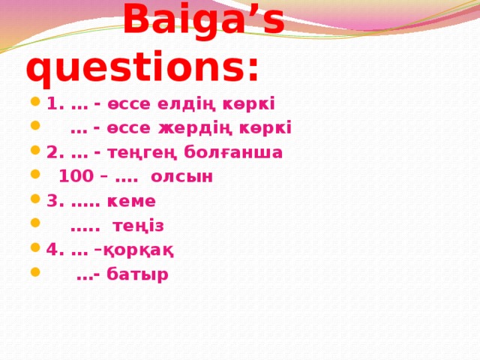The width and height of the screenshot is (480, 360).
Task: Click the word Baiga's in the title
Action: (x=203, y=20)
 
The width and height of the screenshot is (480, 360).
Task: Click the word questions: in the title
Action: (x=142, y=69)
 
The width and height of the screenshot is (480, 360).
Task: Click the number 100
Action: (x=73, y=177)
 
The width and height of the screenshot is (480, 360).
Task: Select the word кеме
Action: (x=132, y=201)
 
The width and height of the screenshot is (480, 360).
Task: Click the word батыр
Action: (x=137, y=274)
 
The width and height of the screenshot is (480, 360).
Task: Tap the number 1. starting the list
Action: (x=54, y=103)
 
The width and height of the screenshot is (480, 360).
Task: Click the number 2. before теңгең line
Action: (x=54, y=152)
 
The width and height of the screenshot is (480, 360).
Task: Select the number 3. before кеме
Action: (x=54, y=201)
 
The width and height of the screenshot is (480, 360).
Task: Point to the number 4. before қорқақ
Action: (x=54, y=250)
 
